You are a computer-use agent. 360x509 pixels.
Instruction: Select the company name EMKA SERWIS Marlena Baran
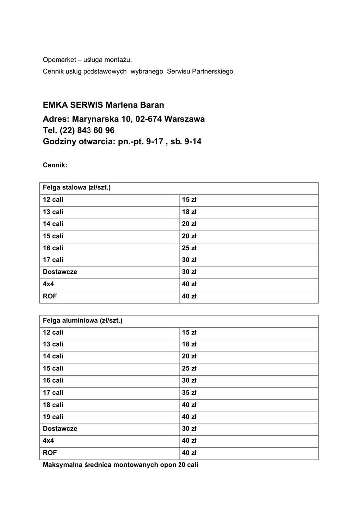[x=103, y=105]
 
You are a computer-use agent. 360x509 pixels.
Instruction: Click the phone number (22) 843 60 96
[x=87, y=131]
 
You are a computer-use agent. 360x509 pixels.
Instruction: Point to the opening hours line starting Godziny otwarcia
[x=122, y=142]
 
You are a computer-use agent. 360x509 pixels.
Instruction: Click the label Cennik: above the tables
[x=55, y=165]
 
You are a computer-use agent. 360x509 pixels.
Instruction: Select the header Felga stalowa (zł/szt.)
[x=77, y=188]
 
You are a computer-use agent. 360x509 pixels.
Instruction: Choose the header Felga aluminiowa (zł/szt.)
[x=83, y=321]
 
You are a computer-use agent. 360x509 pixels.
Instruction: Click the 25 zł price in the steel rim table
[x=189, y=248]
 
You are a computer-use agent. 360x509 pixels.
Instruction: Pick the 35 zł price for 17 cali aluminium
[x=189, y=393]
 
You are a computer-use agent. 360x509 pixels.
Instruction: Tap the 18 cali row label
[x=53, y=405]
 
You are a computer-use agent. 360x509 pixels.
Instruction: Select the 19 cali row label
[x=53, y=417]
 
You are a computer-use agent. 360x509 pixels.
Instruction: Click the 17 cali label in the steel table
[x=53, y=260]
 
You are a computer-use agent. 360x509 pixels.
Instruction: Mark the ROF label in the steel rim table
[x=50, y=296]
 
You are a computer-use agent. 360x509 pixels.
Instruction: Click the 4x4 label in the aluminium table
[x=48, y=441]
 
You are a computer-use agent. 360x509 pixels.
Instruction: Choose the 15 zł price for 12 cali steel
[x=189, y=200]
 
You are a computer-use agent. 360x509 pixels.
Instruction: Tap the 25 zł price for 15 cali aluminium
[x=189, y=368]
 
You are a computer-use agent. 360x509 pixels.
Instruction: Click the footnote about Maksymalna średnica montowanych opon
[x=120, y=465]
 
